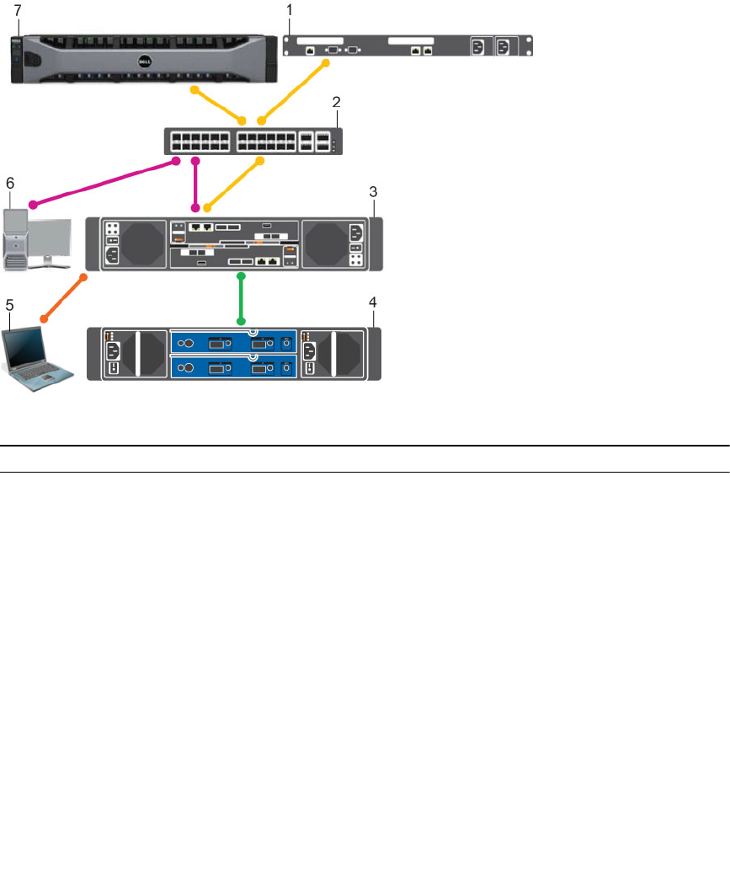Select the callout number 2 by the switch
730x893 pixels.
click(x=336, y=102)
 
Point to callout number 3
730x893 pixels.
click(x=372, y=192)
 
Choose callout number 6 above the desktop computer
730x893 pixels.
click(x=10, y=181)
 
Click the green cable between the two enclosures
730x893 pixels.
click(x=242, y=298)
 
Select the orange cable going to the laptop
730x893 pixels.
click(x=64, y=297)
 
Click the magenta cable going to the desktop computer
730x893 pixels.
click(x=101, y=181)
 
